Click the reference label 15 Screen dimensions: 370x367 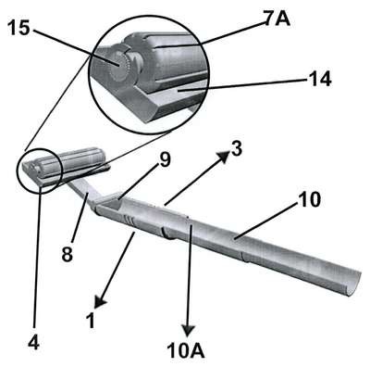click(x=18, y=29)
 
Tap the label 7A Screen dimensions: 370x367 click(x=277, y=19)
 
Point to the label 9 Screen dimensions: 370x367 click(x=164, y=160)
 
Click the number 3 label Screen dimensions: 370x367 click(x=237, y=149)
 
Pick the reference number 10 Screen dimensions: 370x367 click(x=309, y=200)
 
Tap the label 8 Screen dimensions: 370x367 click(x=68, y=254)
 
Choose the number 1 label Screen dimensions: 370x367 click(x=91, y=321)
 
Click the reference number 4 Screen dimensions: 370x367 click(x=34, y=342)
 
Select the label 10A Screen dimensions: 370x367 click(x=186, y=351)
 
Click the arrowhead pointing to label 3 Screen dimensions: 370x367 click(x=225, y=156)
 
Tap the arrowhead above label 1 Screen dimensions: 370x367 click(x=100, y=301)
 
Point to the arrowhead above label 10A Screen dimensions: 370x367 click(x=188, y=331)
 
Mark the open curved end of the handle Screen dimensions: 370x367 click(x=354, y=283)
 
